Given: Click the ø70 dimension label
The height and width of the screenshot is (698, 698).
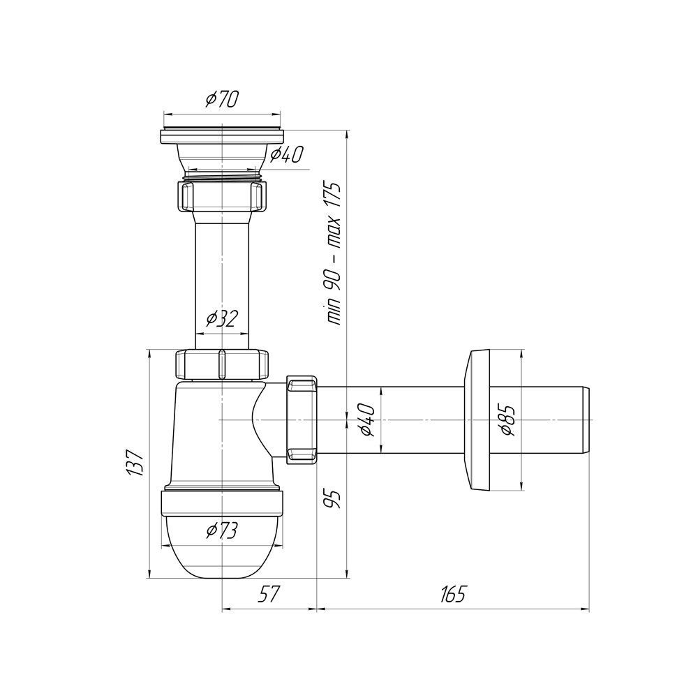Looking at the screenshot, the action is [x=222, y=99].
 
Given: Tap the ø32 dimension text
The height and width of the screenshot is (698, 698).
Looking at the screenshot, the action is [x=222, y=318].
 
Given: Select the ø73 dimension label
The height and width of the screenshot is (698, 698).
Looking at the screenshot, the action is [x=222, y=530].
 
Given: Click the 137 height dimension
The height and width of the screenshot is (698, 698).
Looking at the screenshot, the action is [x=135, y=463].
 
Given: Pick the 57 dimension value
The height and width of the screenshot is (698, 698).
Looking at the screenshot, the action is [x=269, y=594].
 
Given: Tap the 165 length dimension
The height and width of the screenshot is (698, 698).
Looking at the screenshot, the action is [x=452, y=594].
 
